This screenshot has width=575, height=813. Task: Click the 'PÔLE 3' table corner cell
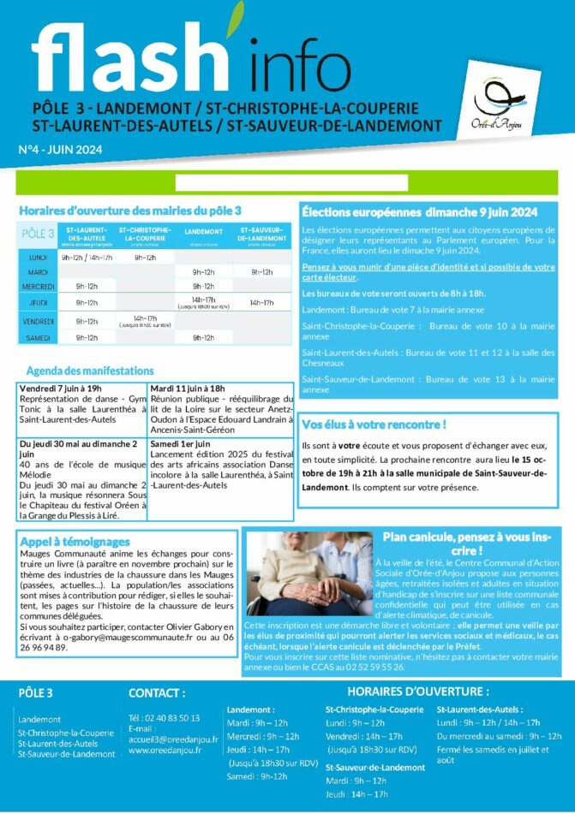pos(38,234)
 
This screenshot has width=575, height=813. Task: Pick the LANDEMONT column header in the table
pos(203,232)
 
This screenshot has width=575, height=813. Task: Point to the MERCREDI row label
pos(38,286)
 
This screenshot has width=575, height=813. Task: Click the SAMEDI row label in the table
pos(38,337)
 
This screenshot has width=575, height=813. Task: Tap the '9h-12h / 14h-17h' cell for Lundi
pos(86,257)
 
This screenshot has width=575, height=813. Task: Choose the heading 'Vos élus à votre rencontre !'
pos(374,424)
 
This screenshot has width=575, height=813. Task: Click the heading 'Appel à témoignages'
pos(75,541)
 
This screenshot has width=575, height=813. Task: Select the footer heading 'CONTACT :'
pos(157,692)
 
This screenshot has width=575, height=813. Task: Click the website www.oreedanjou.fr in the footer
pos(165,751)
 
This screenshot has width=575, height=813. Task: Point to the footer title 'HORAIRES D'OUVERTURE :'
pos(417,691)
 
